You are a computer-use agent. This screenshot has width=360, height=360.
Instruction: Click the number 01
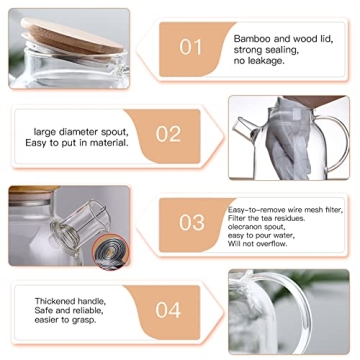pos(190,46)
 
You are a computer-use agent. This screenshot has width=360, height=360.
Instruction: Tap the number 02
pos(168,133)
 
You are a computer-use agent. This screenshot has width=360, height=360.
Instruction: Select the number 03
pos(191,222)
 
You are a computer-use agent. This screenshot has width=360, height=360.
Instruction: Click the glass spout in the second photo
pos(246,129)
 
